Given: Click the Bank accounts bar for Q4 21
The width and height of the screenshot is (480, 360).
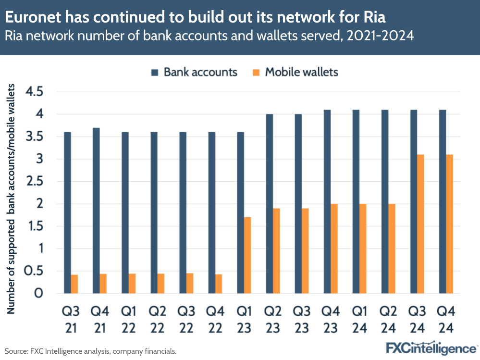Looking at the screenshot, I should [x=96, y=211].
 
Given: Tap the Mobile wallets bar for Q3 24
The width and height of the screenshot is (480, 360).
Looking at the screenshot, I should [x=421, y=224].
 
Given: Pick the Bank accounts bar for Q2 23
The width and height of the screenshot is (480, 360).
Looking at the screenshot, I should [x=270, y=204].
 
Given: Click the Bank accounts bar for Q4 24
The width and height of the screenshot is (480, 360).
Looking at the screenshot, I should [x=443, y=202].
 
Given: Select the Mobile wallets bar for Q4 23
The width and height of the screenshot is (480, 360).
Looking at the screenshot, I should [x=334, y=248].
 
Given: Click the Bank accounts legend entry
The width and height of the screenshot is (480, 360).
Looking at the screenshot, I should [x=194, y=72].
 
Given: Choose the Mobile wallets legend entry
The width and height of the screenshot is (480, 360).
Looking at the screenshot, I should [x=295, y=72].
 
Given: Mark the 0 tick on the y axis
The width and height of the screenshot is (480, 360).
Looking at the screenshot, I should [x=38, y=293].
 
